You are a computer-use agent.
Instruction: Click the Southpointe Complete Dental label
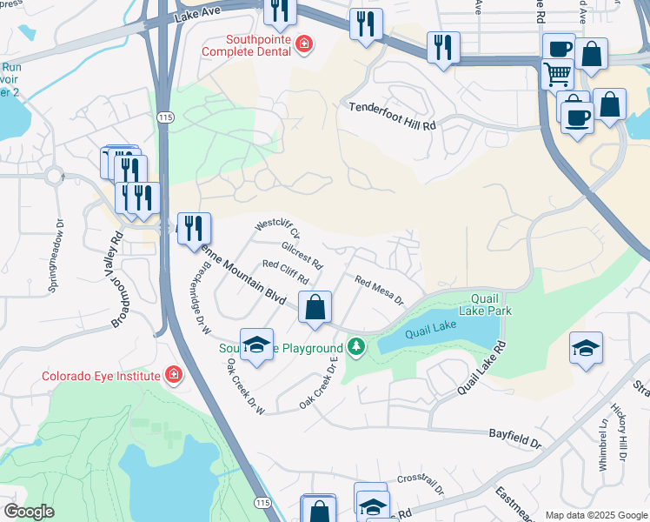pyautogui.click(x=249, y=45)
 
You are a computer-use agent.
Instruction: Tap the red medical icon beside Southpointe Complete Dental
pyautogui.click(x=303, y=44)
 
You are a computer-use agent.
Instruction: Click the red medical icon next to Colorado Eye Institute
pyautogui.click(x=174, y=375)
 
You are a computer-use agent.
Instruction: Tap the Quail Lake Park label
pyautogui.click(x=487, y=304)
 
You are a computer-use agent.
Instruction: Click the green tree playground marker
pyautogui.click(x=355, y=347)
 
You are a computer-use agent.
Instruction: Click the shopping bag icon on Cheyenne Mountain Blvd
pyautogui.click(x=315, y=307)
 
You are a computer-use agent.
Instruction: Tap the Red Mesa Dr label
pyautogui.click(x=379, y=291)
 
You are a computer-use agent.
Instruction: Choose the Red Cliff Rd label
pyautogui.click(x=285, y=272)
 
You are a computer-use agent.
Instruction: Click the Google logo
pyautogui.click(x=29, y=512)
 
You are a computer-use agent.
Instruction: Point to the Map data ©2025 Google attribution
pyautogui.click(x=595, y=514)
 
